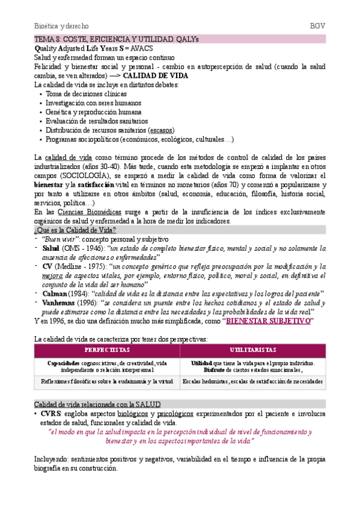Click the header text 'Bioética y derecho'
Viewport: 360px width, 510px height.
[61, 26]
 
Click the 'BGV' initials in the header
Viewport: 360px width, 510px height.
[317, 26]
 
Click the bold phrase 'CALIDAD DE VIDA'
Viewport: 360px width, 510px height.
[156, 76]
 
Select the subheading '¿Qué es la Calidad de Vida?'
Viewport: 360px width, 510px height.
[75, 230]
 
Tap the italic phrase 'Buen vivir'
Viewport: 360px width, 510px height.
[62, 239]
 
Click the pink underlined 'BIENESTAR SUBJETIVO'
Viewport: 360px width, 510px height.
[267, 321]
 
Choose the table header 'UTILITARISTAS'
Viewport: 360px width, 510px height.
[252, 350]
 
